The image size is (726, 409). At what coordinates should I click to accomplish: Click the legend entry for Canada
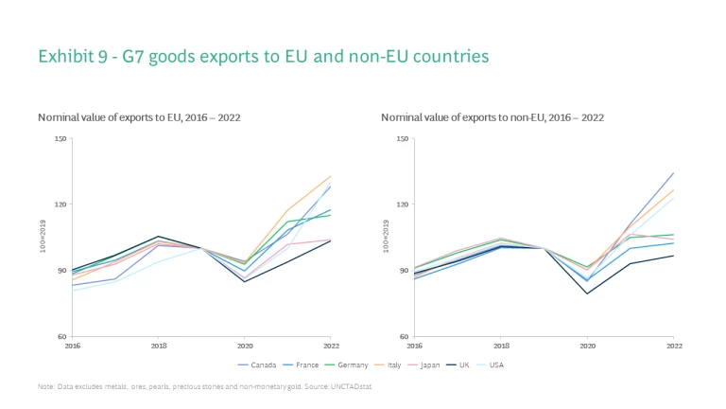(258, 363)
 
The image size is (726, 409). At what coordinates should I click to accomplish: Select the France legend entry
(302, 363)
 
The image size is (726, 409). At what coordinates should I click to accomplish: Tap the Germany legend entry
(349, 363)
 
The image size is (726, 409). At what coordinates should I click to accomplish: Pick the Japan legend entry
(431, 363)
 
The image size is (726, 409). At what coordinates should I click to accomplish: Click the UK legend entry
(465, 363)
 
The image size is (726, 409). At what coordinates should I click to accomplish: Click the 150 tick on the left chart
(62, 139)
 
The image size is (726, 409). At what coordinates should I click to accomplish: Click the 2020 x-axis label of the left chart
(245, 346)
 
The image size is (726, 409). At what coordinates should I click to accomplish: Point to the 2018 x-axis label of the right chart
(500, 346)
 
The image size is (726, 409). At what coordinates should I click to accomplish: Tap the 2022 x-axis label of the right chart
(672, 346)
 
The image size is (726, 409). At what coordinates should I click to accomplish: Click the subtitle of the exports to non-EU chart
(492, 117)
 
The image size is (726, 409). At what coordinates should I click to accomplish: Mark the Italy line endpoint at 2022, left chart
(331, 175)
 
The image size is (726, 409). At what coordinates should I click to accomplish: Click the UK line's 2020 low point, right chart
(586, 293)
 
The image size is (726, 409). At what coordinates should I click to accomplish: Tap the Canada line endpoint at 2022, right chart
(673, 172)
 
